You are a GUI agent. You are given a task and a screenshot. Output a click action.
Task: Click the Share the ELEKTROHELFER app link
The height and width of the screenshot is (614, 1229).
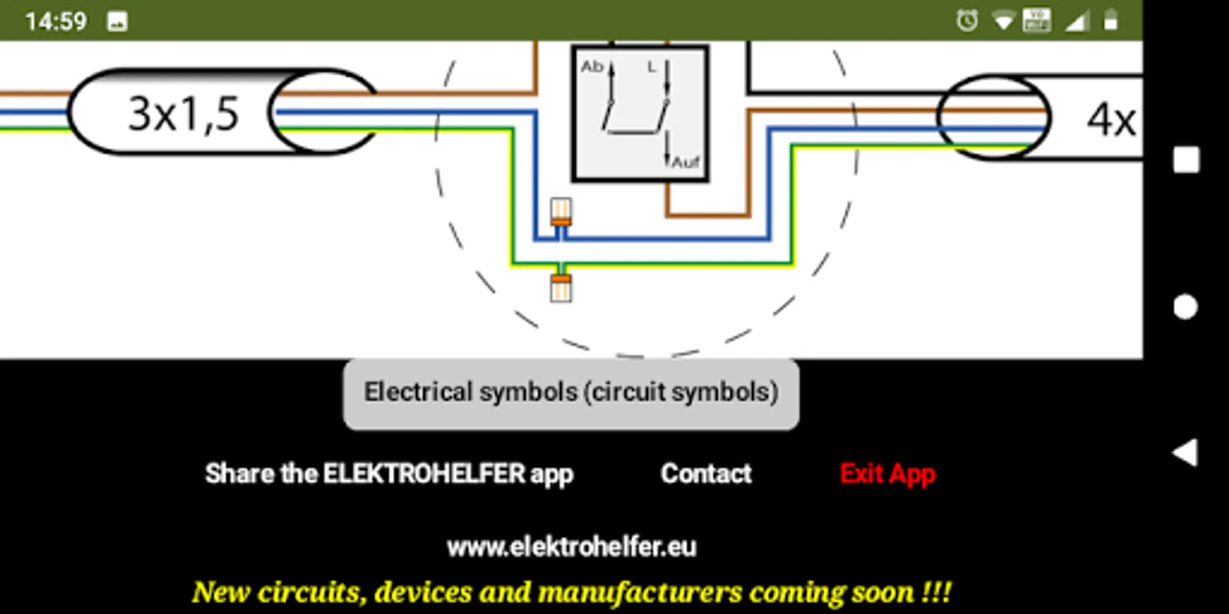(389, 473)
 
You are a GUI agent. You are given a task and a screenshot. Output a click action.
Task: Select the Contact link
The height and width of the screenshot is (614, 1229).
(706, 473)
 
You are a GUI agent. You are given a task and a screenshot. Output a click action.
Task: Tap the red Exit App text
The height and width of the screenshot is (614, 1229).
(887, 473)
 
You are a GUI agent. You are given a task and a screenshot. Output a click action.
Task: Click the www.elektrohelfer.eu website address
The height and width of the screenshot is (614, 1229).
(571, 546)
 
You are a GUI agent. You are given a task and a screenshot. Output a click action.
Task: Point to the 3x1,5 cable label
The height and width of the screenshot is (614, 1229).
(184, 113)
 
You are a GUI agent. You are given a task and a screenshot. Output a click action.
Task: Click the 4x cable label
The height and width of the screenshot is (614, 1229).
(1111, 120)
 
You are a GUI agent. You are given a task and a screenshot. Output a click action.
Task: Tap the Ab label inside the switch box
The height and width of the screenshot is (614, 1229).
(591, 67)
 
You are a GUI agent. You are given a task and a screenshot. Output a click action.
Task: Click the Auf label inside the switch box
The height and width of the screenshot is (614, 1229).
(686, 162)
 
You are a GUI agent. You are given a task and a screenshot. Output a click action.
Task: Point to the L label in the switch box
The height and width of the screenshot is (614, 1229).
(651, 67)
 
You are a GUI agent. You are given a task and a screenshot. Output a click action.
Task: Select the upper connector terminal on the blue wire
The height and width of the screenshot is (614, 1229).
(561, 212)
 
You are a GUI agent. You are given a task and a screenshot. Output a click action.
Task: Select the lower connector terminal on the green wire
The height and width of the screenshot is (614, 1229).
(561, 287)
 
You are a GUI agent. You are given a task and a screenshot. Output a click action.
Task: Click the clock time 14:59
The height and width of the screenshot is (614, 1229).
(56, 21)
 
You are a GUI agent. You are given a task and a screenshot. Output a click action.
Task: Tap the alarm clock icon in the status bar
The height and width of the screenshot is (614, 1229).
(967, 21)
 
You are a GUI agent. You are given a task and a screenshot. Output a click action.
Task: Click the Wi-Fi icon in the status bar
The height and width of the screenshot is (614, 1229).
(1003, 21)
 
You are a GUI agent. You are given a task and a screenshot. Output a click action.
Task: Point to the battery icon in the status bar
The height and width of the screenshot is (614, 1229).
(1111, 20)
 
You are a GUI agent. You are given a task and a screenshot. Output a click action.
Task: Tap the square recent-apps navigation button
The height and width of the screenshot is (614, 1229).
(1186, 160)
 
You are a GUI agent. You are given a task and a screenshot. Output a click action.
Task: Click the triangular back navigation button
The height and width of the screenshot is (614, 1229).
(1186, 452)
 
